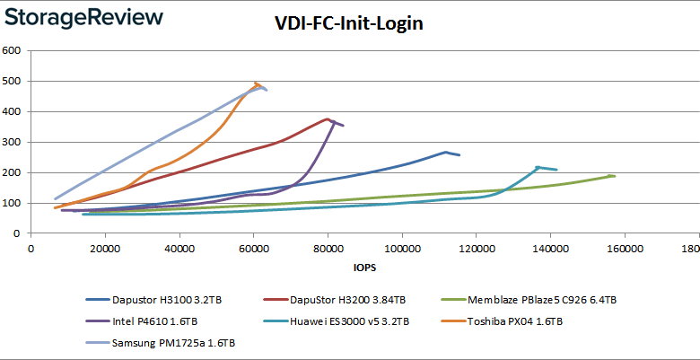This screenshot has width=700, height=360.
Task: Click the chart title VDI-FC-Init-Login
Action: point(349,23)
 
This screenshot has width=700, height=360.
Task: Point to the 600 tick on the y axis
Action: point(12,50)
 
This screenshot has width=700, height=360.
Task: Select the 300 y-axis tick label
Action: point(12,142)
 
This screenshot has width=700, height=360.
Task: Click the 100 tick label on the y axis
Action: point(12,203)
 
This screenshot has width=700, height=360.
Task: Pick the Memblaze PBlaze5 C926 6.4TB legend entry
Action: point(541,299)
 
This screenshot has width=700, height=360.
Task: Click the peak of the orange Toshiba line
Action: point(256,83)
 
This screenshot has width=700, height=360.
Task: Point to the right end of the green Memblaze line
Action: point(614,176)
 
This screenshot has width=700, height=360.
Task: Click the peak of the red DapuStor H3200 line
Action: point(328,119)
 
